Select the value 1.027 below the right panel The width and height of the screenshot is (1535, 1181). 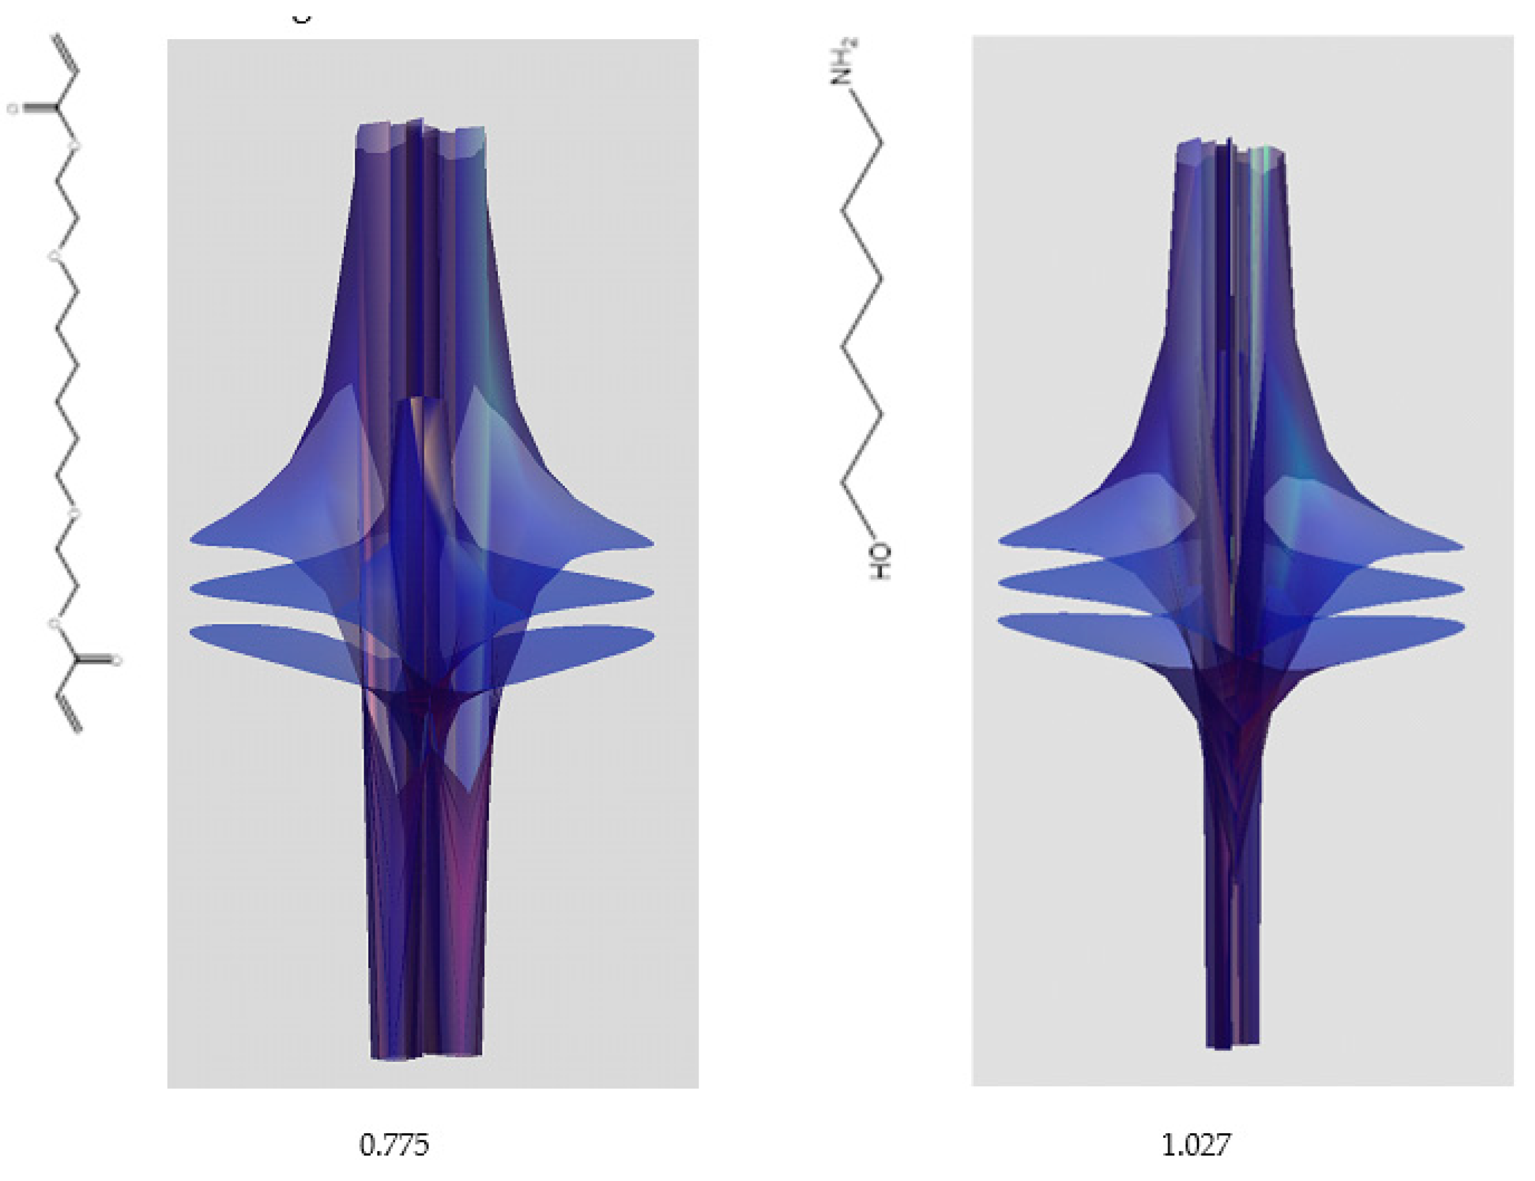coord(1195,1145)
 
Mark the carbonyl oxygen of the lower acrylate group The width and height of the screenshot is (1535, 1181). coord(117,660)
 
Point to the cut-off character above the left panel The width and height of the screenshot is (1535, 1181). coord(301,19)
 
